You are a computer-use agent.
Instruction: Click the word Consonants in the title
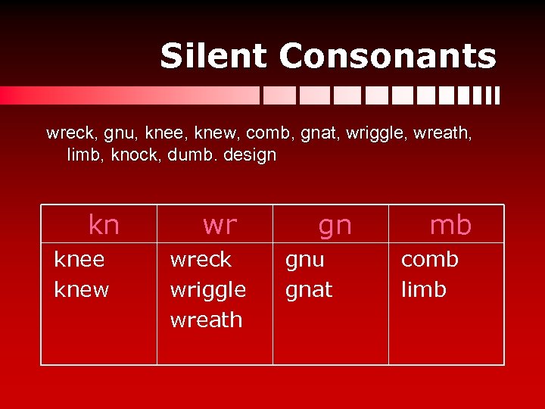click(388, 56)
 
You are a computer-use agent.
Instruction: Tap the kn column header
click(104, 225)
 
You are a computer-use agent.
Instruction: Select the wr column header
click(220, 225)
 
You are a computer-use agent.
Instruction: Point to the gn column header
click(335, 225)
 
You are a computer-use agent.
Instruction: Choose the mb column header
click(450, 225)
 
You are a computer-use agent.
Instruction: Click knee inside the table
click(79, 260)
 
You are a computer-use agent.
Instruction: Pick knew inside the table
click(82, 290)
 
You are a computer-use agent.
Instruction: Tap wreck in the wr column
click(201, 260)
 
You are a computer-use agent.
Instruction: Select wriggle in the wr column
click(208, 290)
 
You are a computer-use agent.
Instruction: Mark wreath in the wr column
click(206, 320)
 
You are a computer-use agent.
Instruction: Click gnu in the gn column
click(304, 260)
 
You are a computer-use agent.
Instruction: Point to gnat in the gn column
click(309, 290)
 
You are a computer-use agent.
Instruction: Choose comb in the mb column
click(429, 260)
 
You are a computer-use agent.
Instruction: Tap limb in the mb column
click(423, 290)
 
